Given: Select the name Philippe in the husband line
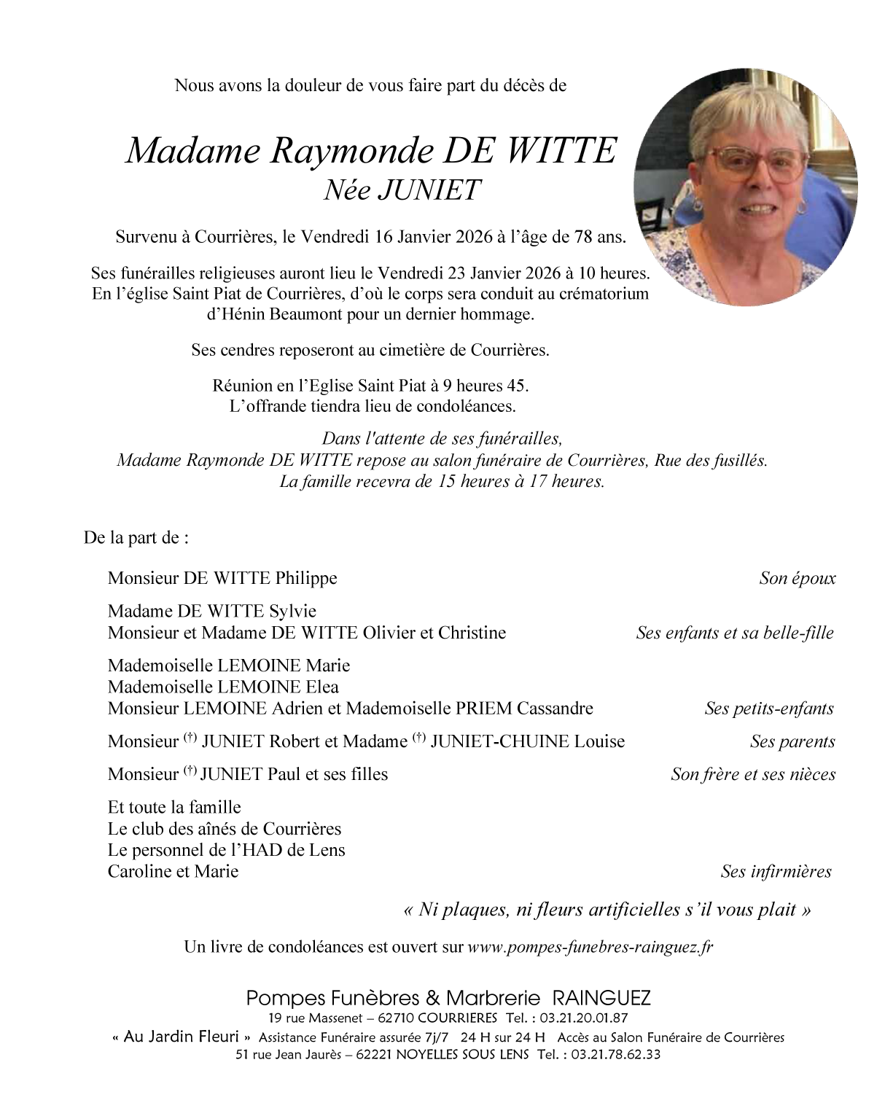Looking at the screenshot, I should tap(306, 578).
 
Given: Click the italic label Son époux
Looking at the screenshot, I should tap(797, 579).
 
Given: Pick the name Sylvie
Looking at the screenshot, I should tap(292, 611).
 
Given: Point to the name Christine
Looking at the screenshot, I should tap(472, 632).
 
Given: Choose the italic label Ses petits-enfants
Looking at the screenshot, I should tap(768, 709).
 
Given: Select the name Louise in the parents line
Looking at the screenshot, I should tap(599, 741).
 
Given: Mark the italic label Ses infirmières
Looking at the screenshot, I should tap(776, 872).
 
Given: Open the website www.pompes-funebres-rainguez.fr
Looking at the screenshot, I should tap(590, 947).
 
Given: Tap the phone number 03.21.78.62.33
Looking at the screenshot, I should tap(615, 1054).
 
